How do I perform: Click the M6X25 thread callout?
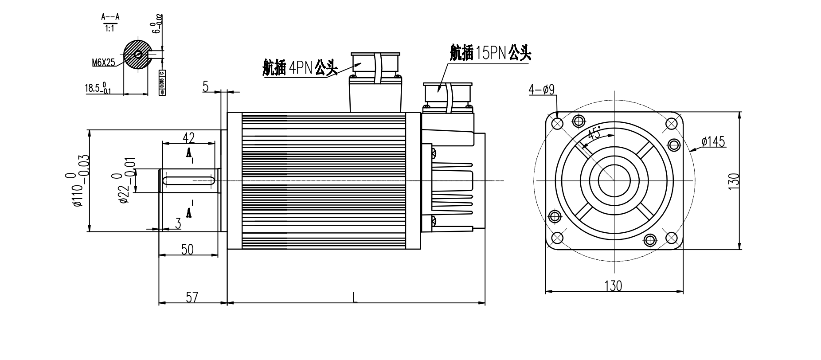click(x=103, y=63)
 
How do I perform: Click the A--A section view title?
click(x=110, y=17)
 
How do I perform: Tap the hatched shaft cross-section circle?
click(x=136, y=54)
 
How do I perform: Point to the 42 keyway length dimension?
click(x=189, y=137)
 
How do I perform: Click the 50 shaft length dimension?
click(x=188, y=250)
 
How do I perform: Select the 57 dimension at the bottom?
click(x=192, y=297)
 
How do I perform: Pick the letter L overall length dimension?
click(x=355, y=297)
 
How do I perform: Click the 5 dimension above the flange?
click(x=206, y=86)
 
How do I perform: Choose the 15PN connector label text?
click(x=490, y=53)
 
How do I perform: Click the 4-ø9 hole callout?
click(x=541, y=90)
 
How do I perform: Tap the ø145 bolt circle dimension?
click(x=713, y=142)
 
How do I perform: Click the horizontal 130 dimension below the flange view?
click(x=613, y=286)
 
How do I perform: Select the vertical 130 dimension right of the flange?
click(x=734, y=181)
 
